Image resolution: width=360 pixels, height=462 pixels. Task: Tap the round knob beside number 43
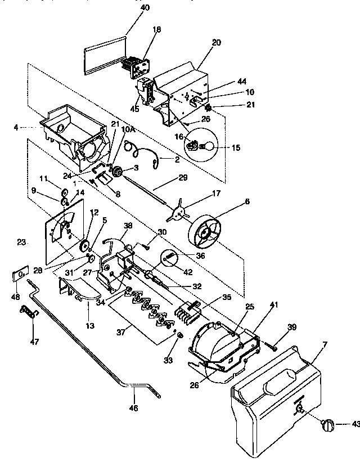point(327,425)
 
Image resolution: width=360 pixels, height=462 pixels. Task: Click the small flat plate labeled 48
point(19,275)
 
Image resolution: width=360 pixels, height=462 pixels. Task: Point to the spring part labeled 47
point(28,311)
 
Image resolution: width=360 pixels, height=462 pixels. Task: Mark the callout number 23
point(21,243)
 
